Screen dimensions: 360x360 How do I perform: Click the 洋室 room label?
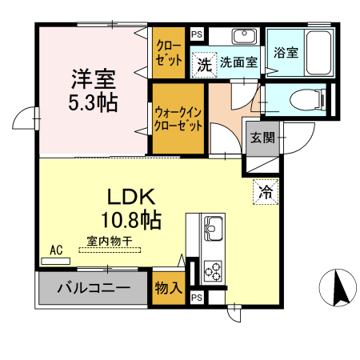point(93,80)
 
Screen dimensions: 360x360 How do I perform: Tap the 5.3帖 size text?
point(93,102)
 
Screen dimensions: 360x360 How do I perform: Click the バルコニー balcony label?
point(94,288)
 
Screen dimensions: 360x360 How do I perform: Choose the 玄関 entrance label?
point(262,137)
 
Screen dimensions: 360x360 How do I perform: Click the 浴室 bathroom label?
point(286,54)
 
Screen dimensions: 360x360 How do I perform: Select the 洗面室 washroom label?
point(238,62)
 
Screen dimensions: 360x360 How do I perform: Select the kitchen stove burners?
point(213,270)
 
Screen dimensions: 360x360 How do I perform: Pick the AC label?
point(57,250)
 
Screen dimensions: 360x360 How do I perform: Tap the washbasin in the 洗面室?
point(242,37)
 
